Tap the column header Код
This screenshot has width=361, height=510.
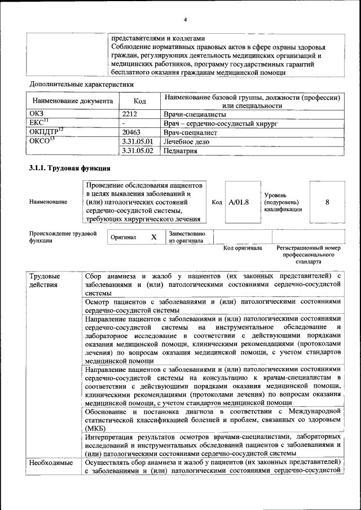coord(140,101)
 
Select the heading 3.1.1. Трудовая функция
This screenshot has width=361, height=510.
coord(69,168)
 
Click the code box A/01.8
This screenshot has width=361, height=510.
coord(239,202)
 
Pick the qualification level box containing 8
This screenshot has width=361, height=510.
coord(327,202)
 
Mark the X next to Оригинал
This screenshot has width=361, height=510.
coord(153,237)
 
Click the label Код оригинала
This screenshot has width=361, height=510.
coord(243,248)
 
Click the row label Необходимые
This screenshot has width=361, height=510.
coord(51,463)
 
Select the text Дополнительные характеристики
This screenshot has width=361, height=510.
coord(81,85)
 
